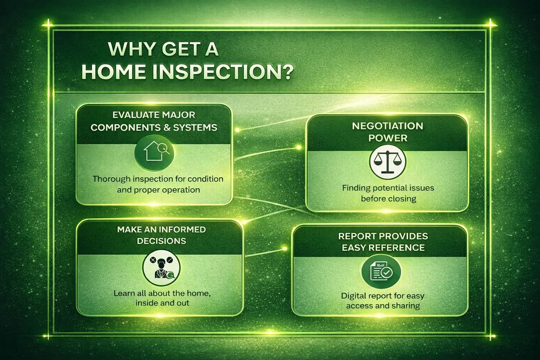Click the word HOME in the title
[x=114, y=71]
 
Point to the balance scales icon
[x=388, y=161]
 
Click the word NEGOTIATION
[x=388, y=126]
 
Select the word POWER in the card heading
[x=388, y=138]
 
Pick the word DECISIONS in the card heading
[x=162, y=241]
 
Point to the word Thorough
[x=111, y=179]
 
